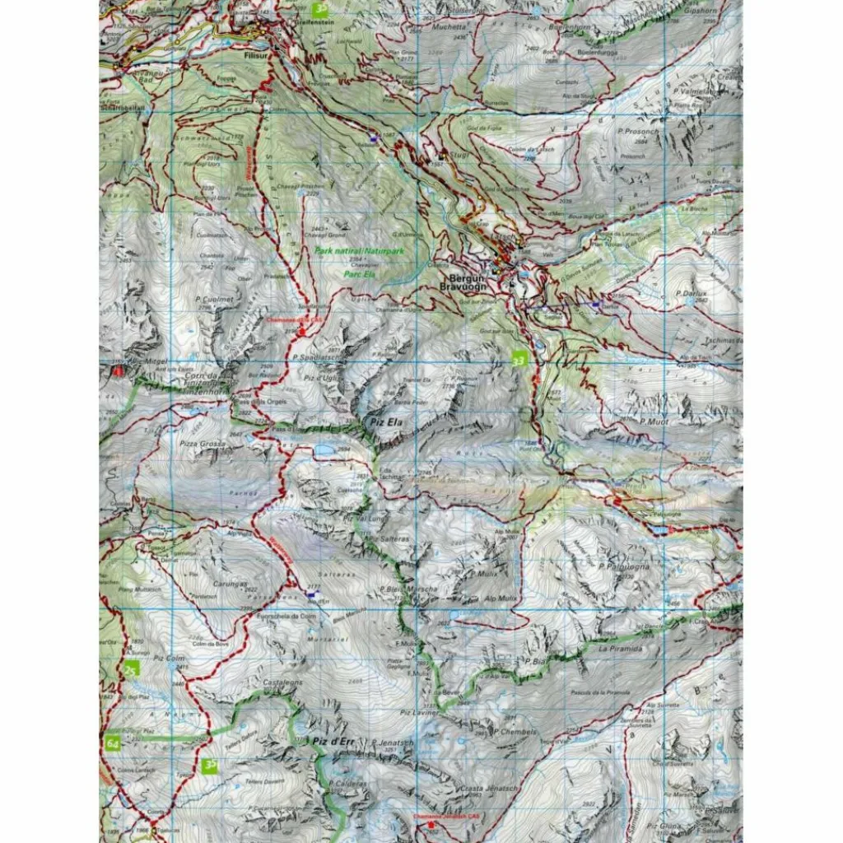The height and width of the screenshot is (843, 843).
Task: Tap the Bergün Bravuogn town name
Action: (x=468, y=282)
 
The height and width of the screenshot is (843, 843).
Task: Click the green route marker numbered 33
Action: (x=517, y=360)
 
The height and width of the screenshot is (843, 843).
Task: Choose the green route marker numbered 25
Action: (x=131, y=671)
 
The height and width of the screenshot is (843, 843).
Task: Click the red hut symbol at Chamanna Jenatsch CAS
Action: (x=431, y=824)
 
